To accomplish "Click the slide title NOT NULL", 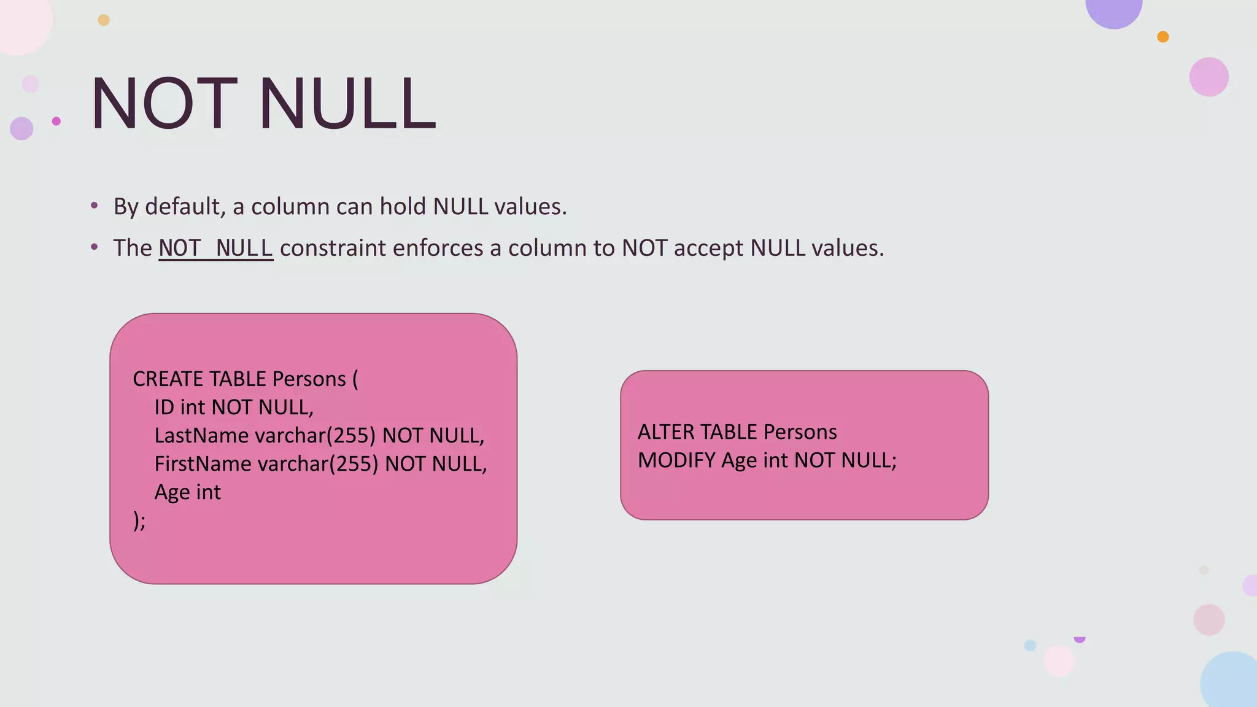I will [263, 103].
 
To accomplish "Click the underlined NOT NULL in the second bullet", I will [215, 248].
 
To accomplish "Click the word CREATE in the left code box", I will [168, 379].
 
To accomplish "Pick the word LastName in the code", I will [201, 436].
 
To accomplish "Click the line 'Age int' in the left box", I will [187, 492].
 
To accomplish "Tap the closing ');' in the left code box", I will [139, 520].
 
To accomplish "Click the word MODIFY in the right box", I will [676, 460].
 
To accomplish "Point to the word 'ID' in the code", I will [164, 408].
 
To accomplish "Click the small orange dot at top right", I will [1162, 37].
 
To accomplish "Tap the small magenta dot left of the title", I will [56, 121].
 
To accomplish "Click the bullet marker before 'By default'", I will [94, 206].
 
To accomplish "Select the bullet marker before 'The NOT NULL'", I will [94, 247].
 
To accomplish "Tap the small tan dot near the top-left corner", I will [104, 20].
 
